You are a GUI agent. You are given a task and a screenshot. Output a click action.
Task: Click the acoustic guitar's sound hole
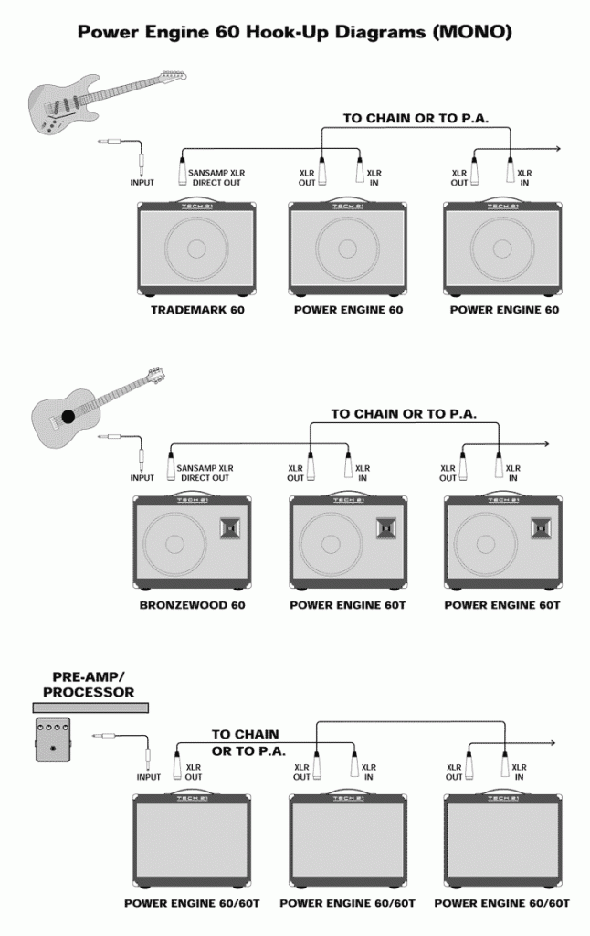point(68,416)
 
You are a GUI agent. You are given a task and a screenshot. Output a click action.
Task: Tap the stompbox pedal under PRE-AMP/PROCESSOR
point(52,739)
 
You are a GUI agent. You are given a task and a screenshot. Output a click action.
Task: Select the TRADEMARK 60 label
point(197,310)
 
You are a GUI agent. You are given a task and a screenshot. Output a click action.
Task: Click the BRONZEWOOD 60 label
point(192,605)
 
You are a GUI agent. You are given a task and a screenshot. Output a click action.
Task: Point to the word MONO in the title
point(468,32)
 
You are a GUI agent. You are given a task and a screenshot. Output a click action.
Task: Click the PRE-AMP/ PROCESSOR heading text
point(89,685)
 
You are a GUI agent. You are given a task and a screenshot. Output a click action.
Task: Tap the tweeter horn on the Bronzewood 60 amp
point(229,527)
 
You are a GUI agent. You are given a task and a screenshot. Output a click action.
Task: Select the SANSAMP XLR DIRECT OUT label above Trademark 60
point(216,177)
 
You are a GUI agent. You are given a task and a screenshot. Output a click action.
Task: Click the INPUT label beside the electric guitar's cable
point(142,183)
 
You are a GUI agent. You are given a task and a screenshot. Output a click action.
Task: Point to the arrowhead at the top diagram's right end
point(556,149)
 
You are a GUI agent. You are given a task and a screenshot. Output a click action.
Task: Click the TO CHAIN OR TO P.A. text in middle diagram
point(404,414)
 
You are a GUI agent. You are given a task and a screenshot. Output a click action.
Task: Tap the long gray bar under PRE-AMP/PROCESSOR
point(90,708)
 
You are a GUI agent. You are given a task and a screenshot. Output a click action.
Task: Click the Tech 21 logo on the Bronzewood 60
point(192,500)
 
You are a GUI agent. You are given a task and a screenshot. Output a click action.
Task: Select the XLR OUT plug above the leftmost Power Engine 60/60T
point(177,766)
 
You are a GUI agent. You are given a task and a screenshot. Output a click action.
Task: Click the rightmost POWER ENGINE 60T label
point(502,605)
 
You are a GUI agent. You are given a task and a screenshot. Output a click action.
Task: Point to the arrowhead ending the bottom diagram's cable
point(552,743)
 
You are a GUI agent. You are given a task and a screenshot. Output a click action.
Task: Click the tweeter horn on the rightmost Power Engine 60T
point(541,527)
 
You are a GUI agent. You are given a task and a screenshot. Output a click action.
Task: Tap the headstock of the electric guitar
point(173,76)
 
